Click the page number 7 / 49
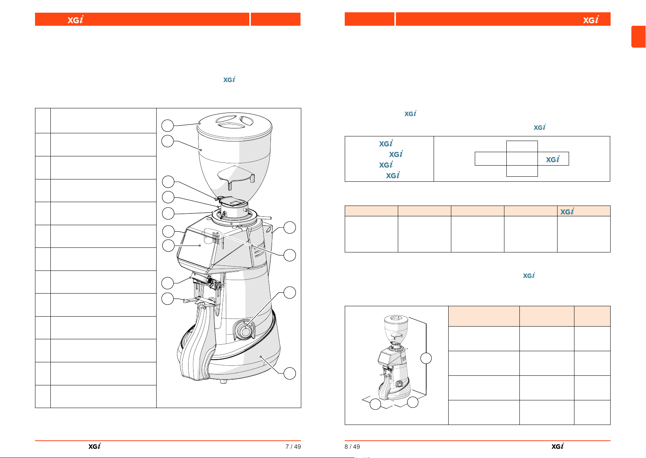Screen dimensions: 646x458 point(293,446)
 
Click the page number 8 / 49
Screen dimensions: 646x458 point(352,446)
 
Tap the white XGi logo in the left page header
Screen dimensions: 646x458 point(75,19)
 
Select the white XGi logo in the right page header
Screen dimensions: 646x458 point(591,19)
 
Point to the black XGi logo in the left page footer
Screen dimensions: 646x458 point(95,446)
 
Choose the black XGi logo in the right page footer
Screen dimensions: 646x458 point(558,446)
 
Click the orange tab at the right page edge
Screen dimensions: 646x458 point(639,37)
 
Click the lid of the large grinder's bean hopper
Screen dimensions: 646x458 point(234,126)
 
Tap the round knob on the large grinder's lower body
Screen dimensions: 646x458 point(245,331)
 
